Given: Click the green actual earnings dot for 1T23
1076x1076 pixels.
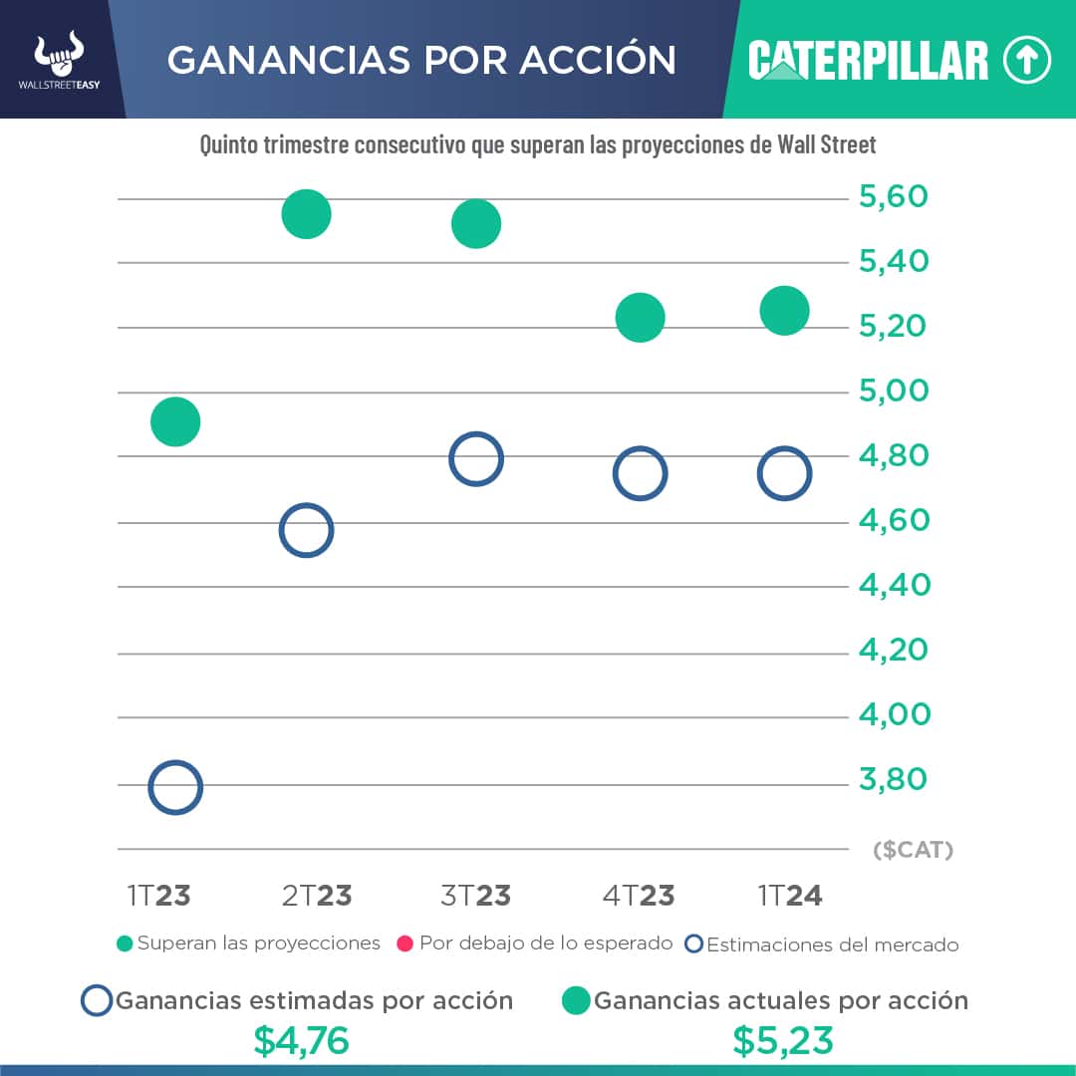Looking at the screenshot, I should point(175,421).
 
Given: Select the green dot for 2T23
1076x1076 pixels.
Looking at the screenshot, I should point(306,214).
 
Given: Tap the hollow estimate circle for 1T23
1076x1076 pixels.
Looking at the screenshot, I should point(175,787).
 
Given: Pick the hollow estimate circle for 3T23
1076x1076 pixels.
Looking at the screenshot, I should point(476,459).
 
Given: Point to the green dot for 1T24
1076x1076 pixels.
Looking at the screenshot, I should point(784,311).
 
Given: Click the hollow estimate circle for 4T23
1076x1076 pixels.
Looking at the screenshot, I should point(640,473).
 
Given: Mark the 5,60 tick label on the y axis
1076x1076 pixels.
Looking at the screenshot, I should point(894,196).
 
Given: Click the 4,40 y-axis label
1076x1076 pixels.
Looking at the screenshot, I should point(894,585).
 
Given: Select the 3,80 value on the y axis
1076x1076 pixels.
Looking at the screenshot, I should point(894,779).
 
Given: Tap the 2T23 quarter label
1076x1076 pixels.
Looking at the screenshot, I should point(317,896).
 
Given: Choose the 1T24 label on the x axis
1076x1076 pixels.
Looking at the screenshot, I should point(790,896).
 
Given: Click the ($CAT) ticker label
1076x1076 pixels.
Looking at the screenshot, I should point(913,851).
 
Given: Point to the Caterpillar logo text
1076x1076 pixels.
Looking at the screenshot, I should point(868,61).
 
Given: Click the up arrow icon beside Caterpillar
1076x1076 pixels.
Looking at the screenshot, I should point(1027,61).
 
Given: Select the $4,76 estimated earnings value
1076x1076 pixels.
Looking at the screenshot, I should point(301,1040).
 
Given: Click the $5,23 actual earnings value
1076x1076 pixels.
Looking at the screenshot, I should point(783,1040).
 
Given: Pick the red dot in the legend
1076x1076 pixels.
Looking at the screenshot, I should point(404,943).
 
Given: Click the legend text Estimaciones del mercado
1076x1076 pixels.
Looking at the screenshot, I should point(832,944).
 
